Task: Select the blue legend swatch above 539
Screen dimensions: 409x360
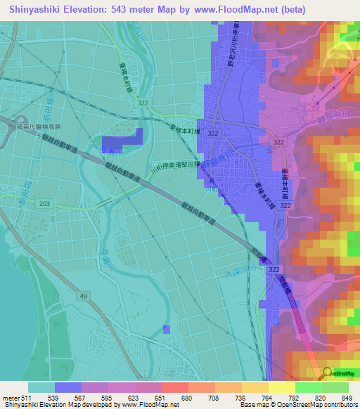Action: tap(68, 387)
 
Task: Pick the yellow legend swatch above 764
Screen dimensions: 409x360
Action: tap(255, 387)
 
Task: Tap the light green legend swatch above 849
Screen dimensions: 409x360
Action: tap(335, 387)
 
